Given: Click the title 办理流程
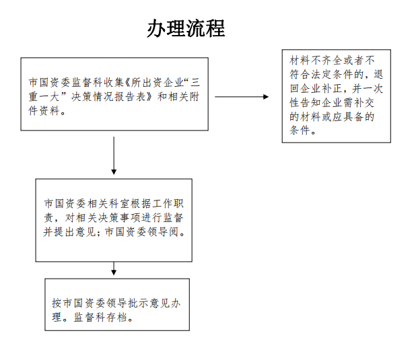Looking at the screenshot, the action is tap(186, 28).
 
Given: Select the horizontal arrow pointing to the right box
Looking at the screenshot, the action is tap(242, 97).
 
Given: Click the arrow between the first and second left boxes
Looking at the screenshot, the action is tap(114, 155).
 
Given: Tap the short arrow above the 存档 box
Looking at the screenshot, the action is tap(114, 268).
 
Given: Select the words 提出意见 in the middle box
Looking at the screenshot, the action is tap(75, 232).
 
